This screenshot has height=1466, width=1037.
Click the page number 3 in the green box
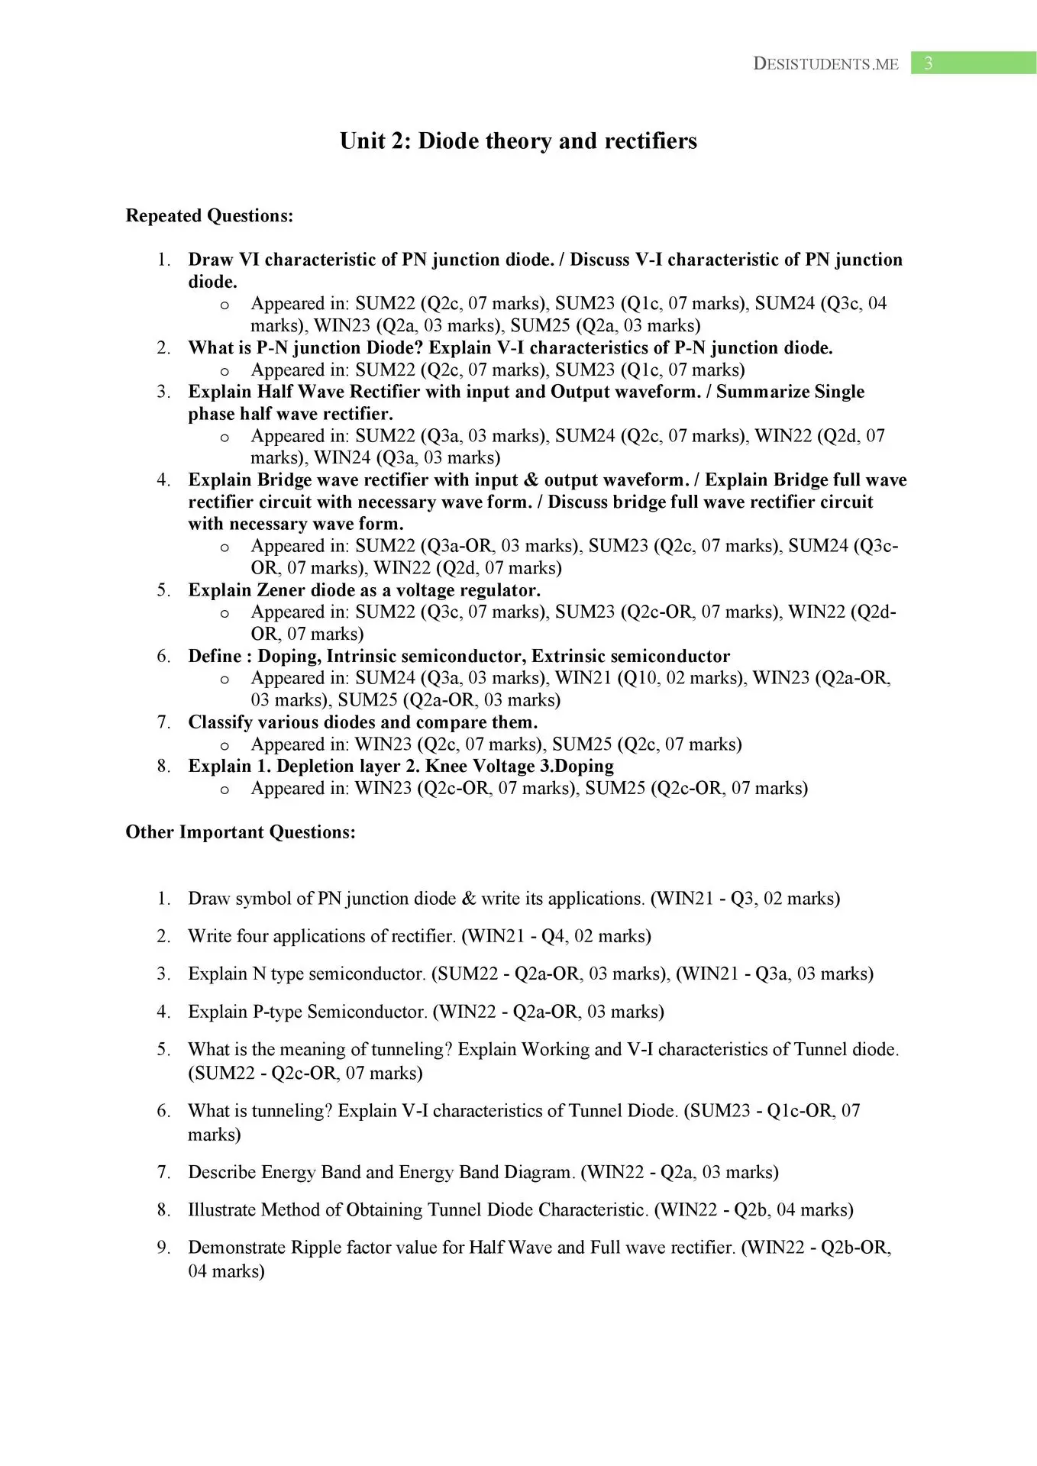(x=928, y=63)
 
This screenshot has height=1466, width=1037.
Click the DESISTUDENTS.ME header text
(x=825, y=64)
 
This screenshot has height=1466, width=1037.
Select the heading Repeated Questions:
(x=209, y=216)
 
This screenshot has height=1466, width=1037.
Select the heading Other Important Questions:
(x=241, y=832)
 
